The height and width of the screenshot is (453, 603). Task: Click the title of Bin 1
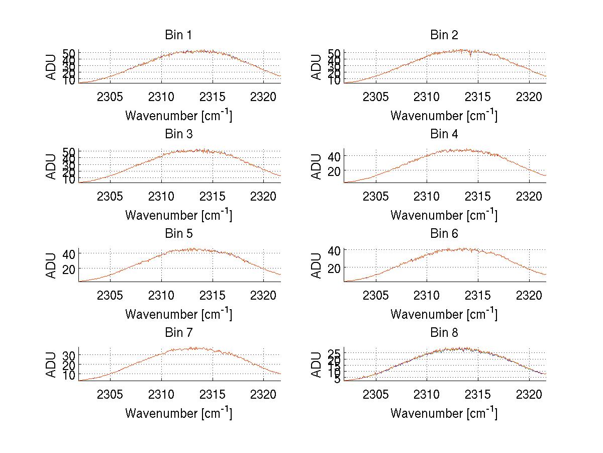(x=178, y=35)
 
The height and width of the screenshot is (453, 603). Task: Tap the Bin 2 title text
(x=444, y=35)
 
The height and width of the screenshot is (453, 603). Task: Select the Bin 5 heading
(x=178, y=234)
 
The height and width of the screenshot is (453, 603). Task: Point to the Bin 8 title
(x=444, y=333)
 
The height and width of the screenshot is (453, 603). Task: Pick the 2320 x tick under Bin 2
(x=529, y=97)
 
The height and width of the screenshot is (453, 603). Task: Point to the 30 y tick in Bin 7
(x=68, y=355)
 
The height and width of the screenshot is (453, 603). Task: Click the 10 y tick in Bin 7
(x=68, y=375)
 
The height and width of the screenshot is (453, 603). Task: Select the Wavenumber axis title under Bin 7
(x=178, y=413)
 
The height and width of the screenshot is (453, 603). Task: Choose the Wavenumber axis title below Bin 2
(x=444, y=116)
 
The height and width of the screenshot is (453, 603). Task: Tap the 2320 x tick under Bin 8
(x=529, y=394)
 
